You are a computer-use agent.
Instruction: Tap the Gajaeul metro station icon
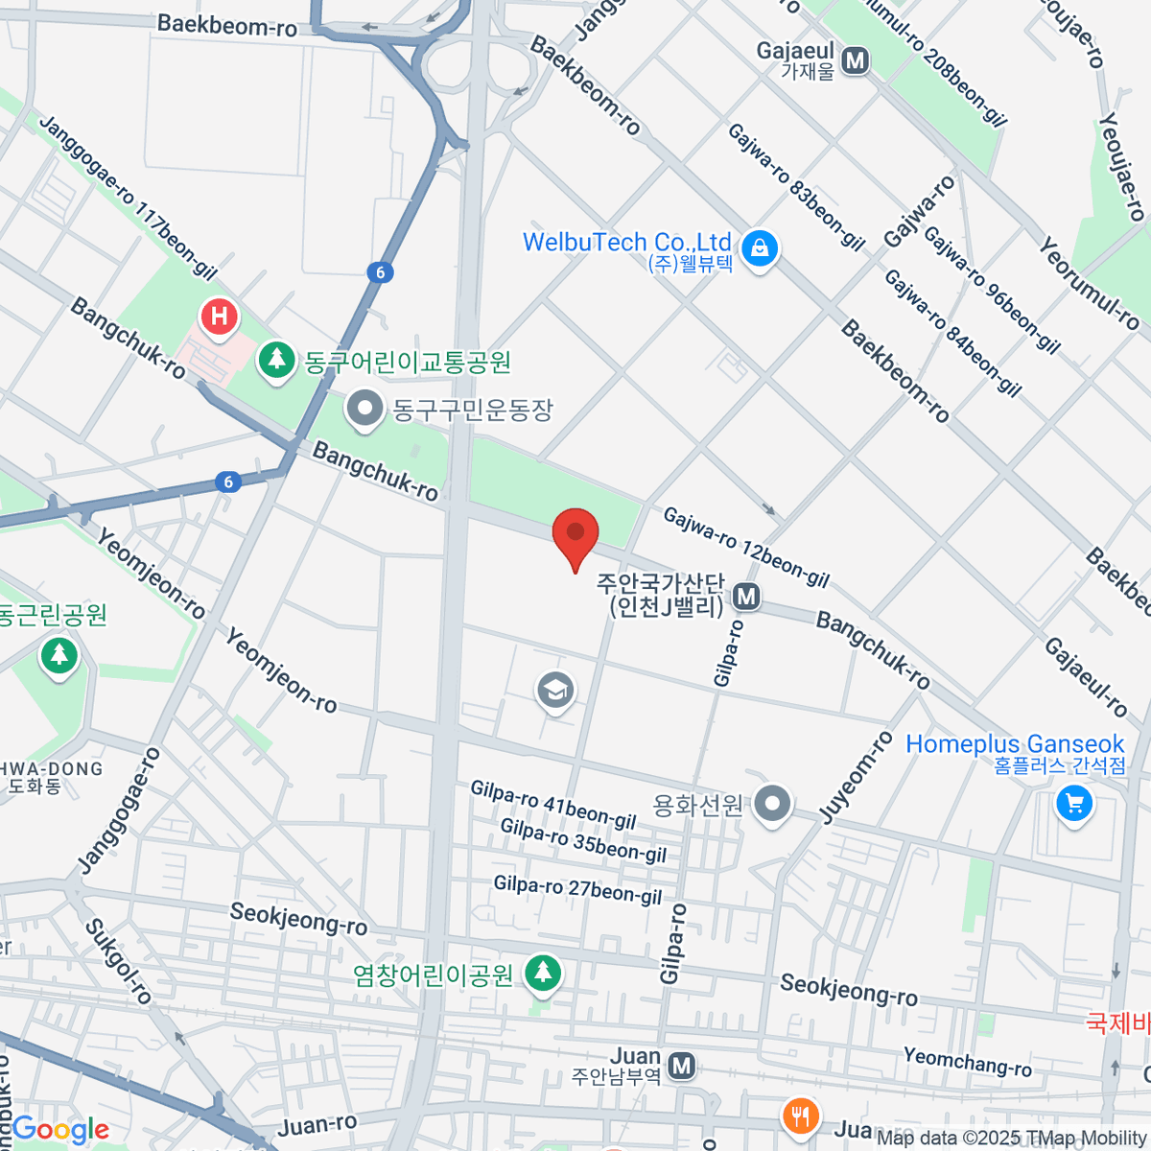(x=855, y=61)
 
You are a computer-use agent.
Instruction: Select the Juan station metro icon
(x=681, y=1066)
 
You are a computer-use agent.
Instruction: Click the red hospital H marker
(x=220, y=317)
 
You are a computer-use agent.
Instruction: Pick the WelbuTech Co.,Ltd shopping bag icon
(x=760, y=248)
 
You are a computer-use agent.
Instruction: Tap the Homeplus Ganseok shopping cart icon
(x=1073, y=804)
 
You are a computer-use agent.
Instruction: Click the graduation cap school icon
(x=555, y=690)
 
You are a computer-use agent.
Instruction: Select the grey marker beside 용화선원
(x=772, y=804)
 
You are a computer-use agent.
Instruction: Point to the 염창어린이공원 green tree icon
(x=543, y=974)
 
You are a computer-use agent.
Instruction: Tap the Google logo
(x=59, y=1130)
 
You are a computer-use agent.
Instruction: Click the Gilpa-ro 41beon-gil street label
(x=553, y=805)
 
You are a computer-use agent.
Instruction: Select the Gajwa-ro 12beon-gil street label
(x=746, y=547)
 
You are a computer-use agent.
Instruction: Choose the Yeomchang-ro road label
(x=967, y=1062)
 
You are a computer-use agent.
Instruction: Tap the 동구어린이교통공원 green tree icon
(x=277, y=361)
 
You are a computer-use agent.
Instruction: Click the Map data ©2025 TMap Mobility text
(x=1012, y=1139)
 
